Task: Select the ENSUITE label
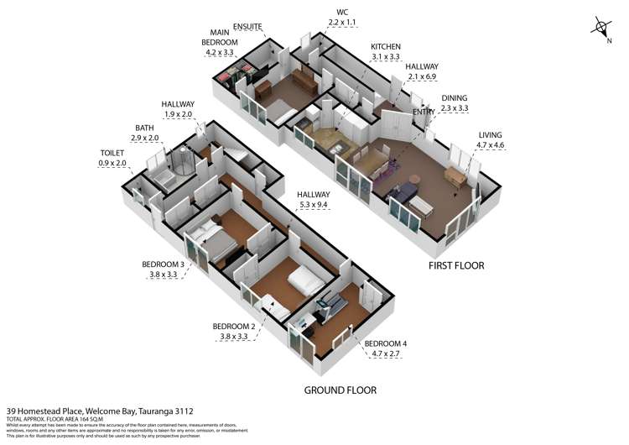(250, 26)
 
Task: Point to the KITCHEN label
(386, 46)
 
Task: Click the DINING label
(454, 97)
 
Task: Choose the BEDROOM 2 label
(233, 326)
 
